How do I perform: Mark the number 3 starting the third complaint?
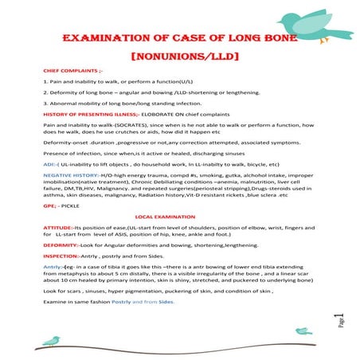45,104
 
